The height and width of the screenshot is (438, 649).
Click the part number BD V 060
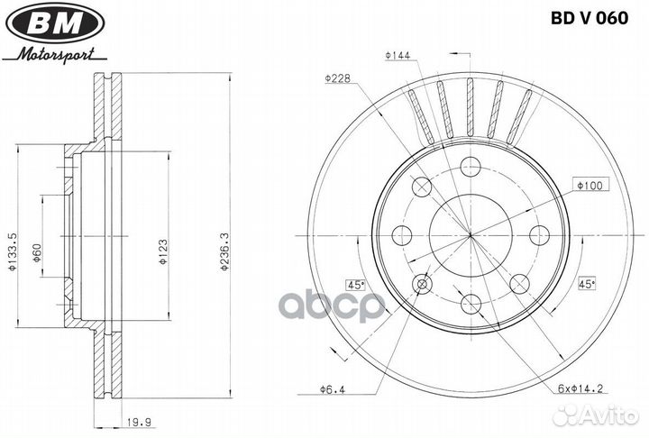click(590, 18)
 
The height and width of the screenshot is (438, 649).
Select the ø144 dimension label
click(398, 56)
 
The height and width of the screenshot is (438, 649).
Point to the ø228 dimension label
click(337, 78)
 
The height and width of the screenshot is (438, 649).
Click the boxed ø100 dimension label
click(590, 185)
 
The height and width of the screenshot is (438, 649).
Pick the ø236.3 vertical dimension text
click(224, 251)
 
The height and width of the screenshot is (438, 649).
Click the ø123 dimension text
click(163, 251)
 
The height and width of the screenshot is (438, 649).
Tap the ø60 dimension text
click(37, 253)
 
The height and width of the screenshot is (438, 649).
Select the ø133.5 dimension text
click(12, 251)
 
